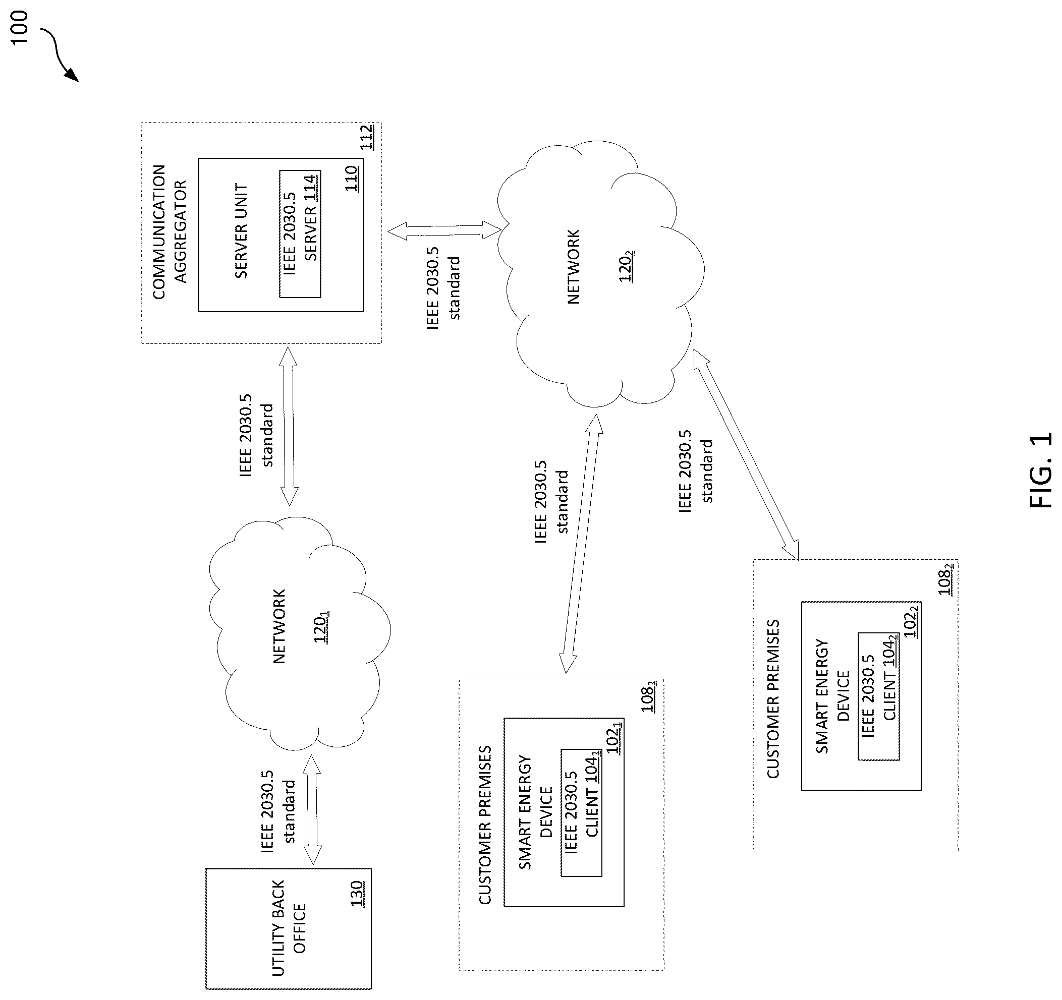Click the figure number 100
point(19,28)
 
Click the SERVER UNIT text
point(242,231)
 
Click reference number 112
point(367,137)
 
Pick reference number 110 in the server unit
point(352,179)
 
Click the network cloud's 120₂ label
point(627,265)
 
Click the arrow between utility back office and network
point(312,810)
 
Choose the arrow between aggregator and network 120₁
point(289,426)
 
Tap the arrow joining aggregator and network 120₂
point(444,230)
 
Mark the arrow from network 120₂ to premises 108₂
point(746,455)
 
